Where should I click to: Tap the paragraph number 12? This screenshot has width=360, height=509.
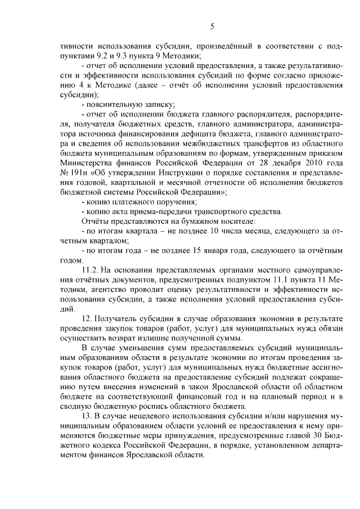[x=88, y=318]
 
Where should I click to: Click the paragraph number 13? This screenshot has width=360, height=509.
[x=88, y=415]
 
